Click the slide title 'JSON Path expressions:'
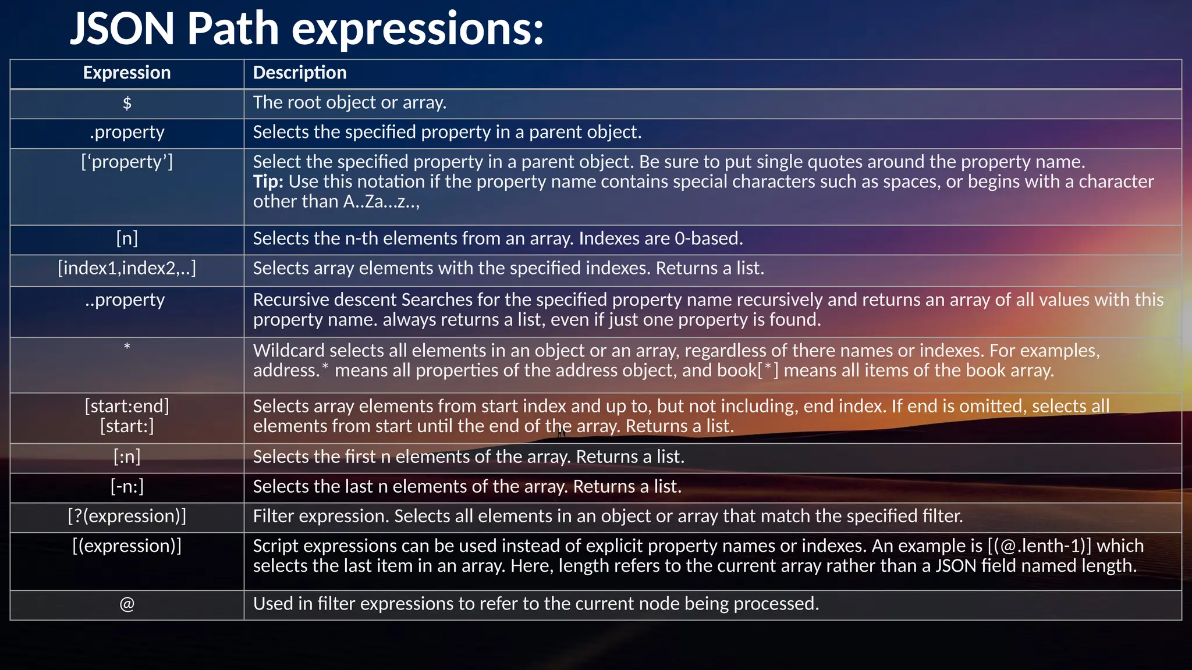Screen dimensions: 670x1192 click(307, 29)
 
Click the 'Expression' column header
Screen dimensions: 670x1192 click(127, 73)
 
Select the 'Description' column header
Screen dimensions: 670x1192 click(300, 73)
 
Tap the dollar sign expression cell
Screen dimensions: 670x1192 click(127, 103)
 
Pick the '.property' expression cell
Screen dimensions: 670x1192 click(127, 133)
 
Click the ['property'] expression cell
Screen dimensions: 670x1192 click(127, 162)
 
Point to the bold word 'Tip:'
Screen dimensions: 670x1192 click(268, 181)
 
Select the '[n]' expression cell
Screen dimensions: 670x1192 click(127, 238)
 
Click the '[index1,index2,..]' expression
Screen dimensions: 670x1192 click(127, 268)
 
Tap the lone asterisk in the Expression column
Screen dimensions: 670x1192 click(127, 347)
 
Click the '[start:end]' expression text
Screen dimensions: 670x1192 click(127, 406)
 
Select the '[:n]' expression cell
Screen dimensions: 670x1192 click(127, 457)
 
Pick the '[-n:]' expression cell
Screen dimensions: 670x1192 click(127, 487)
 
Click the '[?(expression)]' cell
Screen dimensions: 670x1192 click(127, 516)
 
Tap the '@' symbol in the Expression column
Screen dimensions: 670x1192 click(127, 604)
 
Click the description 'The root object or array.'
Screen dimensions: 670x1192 click(349, 103)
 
